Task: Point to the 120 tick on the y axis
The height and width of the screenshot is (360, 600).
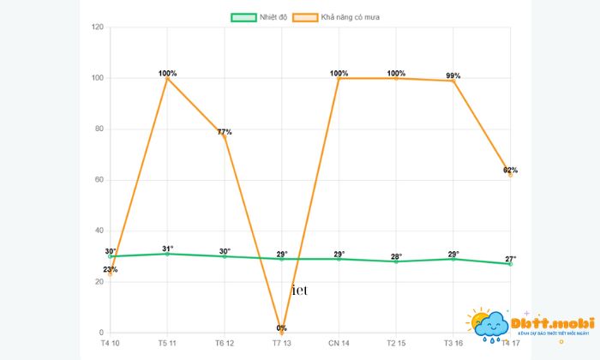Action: click(x=97, y=27)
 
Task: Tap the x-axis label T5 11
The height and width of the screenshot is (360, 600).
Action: click(x=167, y=344)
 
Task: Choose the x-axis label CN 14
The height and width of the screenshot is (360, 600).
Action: click(x=339, y=344)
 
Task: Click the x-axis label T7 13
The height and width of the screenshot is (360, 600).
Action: click(x=282, y=344)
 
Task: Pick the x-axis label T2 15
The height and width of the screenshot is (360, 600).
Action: click(x=396, y=344)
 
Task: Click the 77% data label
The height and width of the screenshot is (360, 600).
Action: click(x=225, y=132)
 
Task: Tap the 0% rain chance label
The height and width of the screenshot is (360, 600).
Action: click(x=282, y=328)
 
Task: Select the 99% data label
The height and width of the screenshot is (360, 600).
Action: click(x=453, y=75)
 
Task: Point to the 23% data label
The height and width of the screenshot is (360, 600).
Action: click(x=111, y=270)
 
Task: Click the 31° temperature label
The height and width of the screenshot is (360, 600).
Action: click(x=168, y=249)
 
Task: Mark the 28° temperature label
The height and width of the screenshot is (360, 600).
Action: click(x=396, y=256)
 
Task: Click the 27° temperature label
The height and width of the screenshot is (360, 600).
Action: click(x=510, y=259)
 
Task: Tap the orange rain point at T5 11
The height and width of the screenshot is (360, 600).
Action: click(x=168, y=79)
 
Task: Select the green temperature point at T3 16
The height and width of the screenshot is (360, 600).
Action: click(x=453, y=259)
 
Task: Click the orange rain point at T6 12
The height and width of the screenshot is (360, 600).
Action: click(x=225, y=137)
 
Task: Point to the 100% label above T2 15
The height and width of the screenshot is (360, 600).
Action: click(x=396, y=73)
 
